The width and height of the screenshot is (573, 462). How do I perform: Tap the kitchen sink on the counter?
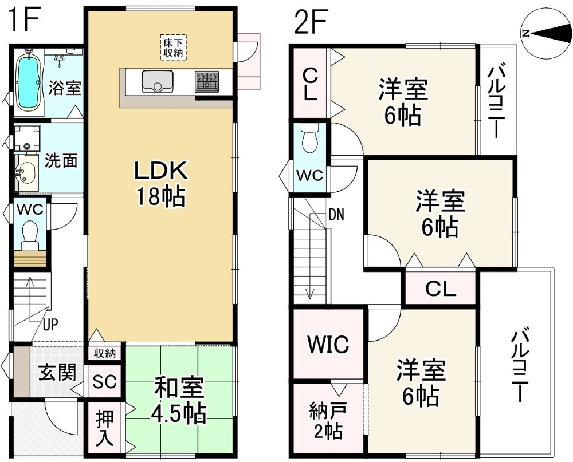click(156, 81)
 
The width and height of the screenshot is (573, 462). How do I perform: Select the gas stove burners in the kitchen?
click(206, 81)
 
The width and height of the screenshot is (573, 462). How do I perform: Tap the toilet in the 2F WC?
click(309, 140)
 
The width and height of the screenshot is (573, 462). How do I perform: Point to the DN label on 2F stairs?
click(336, 215)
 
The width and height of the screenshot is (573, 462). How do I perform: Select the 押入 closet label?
click(104, 428)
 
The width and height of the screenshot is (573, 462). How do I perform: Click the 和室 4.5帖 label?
click(180, 401)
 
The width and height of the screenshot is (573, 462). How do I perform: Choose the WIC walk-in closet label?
click(328, 344)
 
